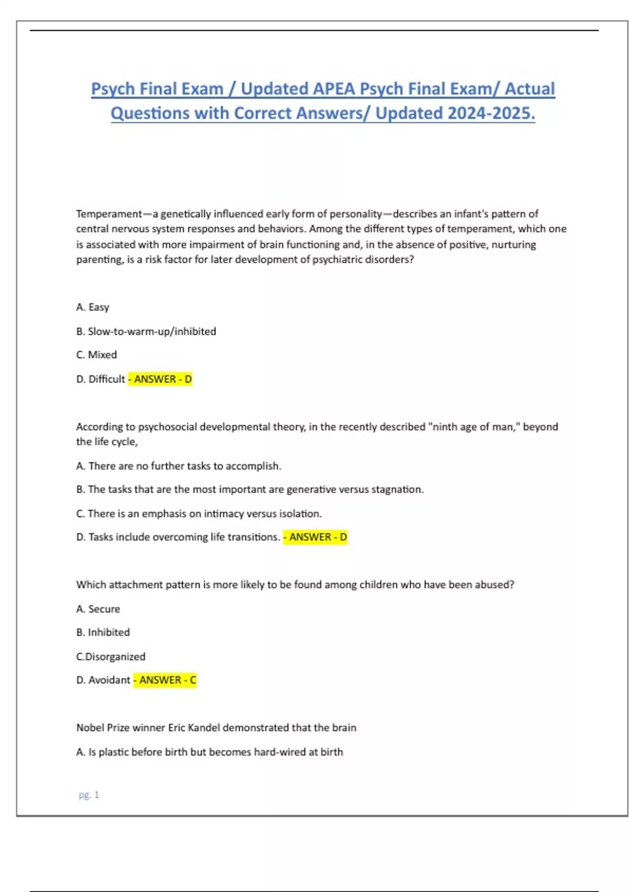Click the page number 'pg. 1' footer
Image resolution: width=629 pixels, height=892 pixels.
coord(89,795)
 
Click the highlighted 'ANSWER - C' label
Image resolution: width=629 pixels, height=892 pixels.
coord(165,680)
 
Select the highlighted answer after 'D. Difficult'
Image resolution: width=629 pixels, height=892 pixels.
coord(160,379)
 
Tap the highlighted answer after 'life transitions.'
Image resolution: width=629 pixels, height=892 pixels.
coord(316,537)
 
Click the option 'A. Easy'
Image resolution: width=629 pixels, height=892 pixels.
coord(93,307)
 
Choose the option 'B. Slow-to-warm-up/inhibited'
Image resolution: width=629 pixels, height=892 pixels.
coord(146,331)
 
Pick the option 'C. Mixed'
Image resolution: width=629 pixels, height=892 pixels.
coord(96,355)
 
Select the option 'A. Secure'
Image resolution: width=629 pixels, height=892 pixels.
coord(98,609)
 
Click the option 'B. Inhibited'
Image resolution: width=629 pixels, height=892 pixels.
coord(103,632)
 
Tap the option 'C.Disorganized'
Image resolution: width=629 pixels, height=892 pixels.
coord(111,656)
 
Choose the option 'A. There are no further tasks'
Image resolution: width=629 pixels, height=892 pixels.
coord(179,466)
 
